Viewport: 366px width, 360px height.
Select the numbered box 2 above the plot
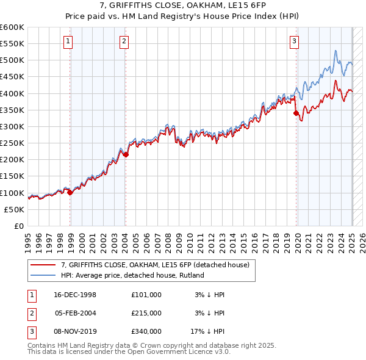pyautogui.click(x=124, y=41)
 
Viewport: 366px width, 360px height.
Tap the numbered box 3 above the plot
pyautogui.click(x=294, y=41)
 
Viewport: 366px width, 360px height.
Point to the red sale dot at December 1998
pyautogui.click(x=70, y=192)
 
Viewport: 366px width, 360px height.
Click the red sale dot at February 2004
pyautogui.click(x=126, y=154)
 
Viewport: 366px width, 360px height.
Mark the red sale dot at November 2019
pyautogui.click(x=296, y=113)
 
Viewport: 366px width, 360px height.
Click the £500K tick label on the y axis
pyautogui.click(x=12, y=60)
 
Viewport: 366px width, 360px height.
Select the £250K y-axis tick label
pyautogui.click(x=12, y=143)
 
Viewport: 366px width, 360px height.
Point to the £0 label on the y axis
pyautogui.click(x=18, y=226)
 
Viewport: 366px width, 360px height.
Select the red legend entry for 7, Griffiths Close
pyautogui.click(x=155, y=265)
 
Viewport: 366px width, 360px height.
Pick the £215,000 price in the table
pyautogui.click(x=146, y=312)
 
